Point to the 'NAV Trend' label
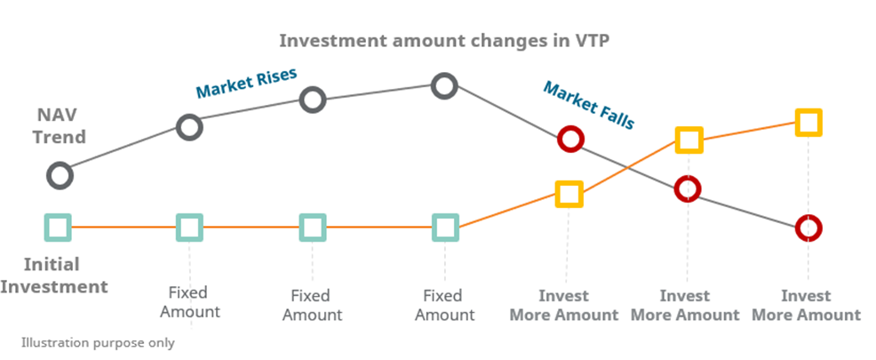tap(61, 126)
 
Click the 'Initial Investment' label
tap(53, 276)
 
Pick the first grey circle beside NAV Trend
tap(60, 175)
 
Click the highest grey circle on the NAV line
tap(444, 85)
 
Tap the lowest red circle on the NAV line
tap(808, 228)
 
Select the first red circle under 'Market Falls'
tap(569, 140)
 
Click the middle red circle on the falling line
tap(688, 188)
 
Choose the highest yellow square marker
tap(808, 122)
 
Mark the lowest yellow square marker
tap(569, 194)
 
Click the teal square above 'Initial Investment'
tap(58, 228)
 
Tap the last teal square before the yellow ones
tap(444, 228)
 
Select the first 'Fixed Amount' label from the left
tap(189, 302)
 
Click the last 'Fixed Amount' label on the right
tap(444, 304)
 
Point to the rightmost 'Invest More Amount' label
tap(806, 305)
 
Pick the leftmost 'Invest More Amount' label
tap(564, 305)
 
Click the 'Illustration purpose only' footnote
tap(98, 342)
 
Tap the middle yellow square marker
tap(689, 140)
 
